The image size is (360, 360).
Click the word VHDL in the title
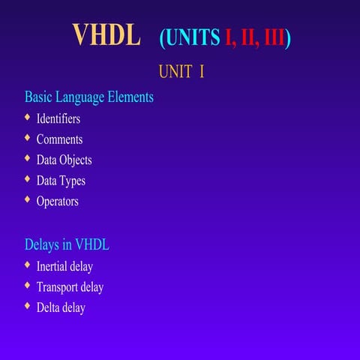click(x=106, y=34)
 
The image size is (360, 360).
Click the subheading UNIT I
click(x=181, y=73)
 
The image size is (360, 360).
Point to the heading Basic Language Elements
click(x=89, y=97)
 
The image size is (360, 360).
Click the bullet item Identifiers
click(x=58, y=118)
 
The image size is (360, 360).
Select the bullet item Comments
click(x=59, y=139)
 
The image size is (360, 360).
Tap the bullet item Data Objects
click(x=64, y=160)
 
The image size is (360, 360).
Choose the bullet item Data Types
click(x=61, y=181)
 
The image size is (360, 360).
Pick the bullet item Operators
click(x=57, y=201)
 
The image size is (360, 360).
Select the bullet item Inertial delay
click(x=64, y=266)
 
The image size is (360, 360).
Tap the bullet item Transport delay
click(x=70, y=287)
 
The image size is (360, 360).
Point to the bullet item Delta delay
click(x=61, y=307)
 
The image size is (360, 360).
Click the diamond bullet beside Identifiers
click(x=28, y=118)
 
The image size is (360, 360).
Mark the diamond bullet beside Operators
click(x=28, y=199)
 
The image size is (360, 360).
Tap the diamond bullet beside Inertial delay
click(x=28, y=265)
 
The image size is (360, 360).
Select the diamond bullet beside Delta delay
click(x=28, y=306)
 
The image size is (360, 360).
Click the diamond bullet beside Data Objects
click(x=28, y=158)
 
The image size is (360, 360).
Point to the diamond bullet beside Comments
click(x=28, y=138)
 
